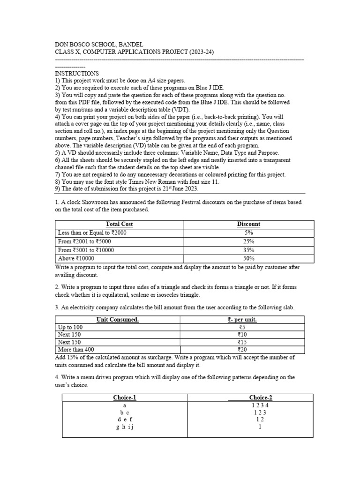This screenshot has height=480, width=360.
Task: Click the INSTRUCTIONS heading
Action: point(77,74)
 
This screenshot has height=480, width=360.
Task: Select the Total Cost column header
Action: point(119,224)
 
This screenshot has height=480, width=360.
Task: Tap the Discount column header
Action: point(248,224)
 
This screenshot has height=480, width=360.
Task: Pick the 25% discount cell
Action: point(248,241)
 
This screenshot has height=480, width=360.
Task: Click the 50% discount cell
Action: point(248,258)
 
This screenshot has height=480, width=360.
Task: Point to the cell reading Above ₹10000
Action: point(76,258)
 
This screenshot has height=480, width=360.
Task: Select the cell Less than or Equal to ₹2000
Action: point(92,232)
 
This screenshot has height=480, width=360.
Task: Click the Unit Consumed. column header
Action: point(117,320)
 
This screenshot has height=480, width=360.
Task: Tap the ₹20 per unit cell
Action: point(242,349)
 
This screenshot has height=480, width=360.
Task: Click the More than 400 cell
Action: point(75,349)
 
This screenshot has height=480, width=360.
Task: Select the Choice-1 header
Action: point(125,397)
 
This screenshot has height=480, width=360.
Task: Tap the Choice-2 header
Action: point(261,397)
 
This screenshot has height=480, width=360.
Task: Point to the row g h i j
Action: point(125,427)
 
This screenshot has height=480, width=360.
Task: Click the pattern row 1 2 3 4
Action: point(261,405)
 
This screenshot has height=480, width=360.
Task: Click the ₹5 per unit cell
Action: point(242,327)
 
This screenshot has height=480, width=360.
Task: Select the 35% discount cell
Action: point(248,250)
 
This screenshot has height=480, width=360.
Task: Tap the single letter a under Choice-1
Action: point(125,405)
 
